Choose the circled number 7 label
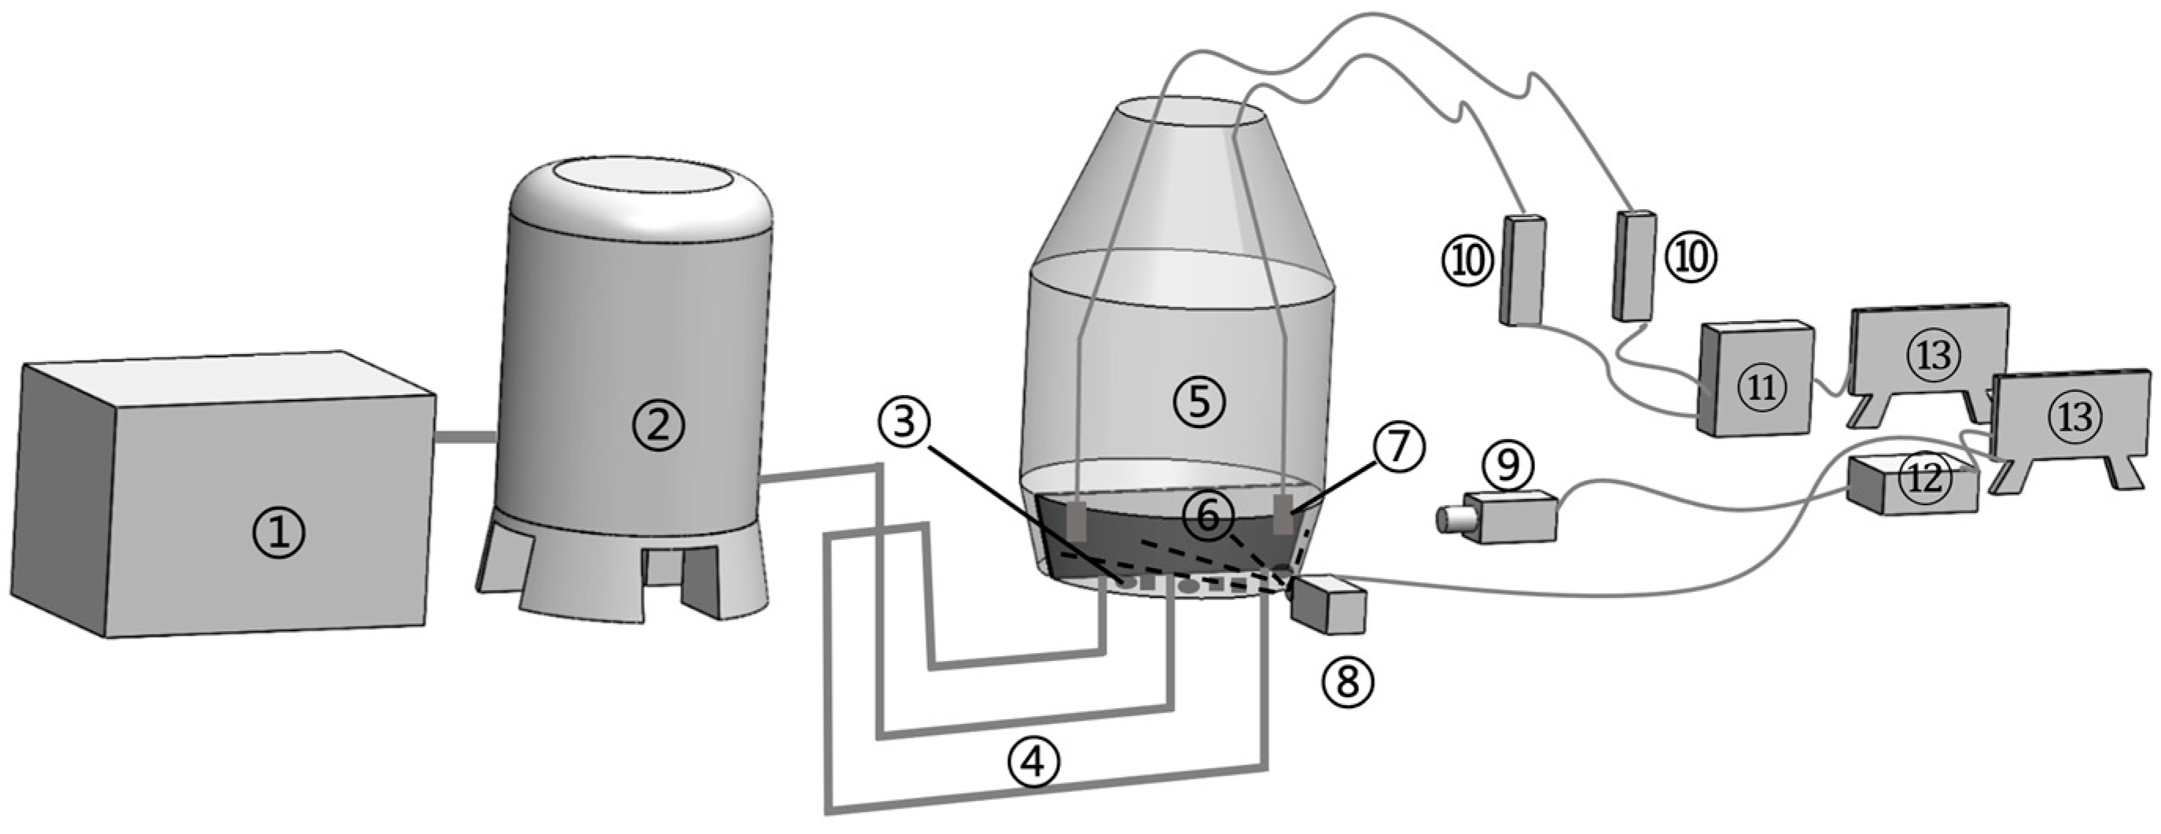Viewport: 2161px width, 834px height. coord(1398,449)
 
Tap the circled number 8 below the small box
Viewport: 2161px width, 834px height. coord(1346,680)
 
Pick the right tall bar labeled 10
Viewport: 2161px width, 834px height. coord(1634,264)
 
